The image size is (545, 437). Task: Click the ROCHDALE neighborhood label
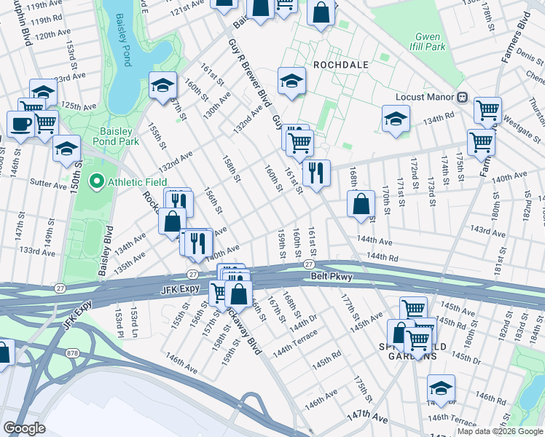(x=337, y=64)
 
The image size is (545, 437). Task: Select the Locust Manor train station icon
(x=462, y=96)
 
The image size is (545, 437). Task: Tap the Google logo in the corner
(x=24, y=428)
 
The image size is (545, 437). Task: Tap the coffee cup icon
(x=20, y=123)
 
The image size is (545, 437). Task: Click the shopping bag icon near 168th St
(x=361, y=205)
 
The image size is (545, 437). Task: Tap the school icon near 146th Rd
(x=441, y=387)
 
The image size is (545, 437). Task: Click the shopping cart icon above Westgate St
(x=487, y=110)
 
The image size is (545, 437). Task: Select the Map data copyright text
(x=500, y=431)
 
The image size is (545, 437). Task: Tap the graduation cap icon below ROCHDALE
(x=291, y=80)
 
